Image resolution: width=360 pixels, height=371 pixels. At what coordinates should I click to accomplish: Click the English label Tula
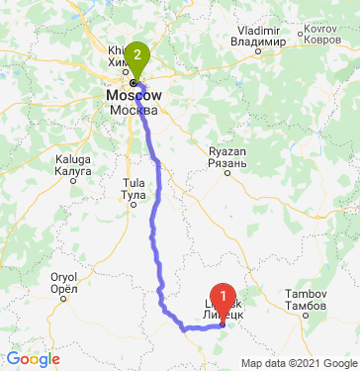click(132, 183)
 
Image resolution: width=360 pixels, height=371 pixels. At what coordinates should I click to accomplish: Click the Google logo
click(32, 359)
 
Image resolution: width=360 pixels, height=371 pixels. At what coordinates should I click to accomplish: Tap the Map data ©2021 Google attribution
click(300, 363)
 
